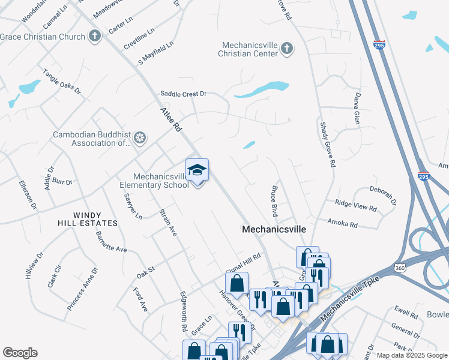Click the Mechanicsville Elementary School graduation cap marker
pyautogui.click(x=197, y=172)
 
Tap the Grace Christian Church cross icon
pyautogui.click(x=95, y=37)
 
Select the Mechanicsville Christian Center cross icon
pyautogui.click(x=287, y=49)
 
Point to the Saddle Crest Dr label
pyautogui.click(x=183, y=94)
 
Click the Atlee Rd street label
pyautogui.click(x=170, y=119)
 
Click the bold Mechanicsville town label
pyautogui.click(x=274, y=229)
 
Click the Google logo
pyautogui.click(x=20, y=353)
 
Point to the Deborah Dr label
pyautogui.click(x=383, y=195)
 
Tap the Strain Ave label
pyautogui.click(x=168, y=222)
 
